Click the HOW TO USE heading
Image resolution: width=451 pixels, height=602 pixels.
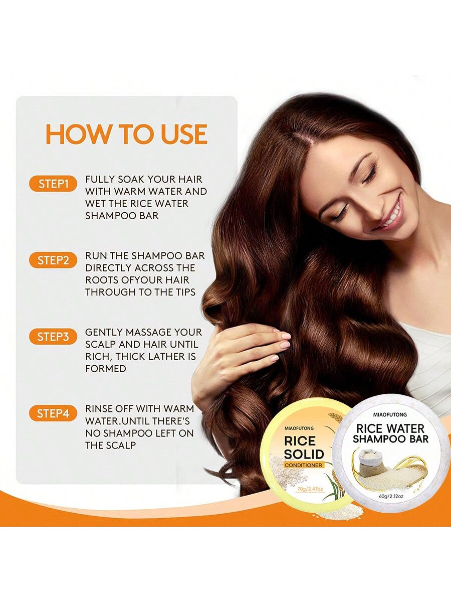[x=126, y=134]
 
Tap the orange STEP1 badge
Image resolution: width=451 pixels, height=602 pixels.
[x=53, y=184]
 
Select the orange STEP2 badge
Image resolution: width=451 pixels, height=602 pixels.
[x=53, y=260]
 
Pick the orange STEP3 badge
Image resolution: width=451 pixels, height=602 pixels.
[x=53, y=337]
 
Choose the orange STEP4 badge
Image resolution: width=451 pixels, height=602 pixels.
[x=53, y=413]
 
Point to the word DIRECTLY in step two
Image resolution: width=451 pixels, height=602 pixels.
[x=108, y=268]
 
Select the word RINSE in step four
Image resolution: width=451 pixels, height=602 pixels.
[x=98, y=409]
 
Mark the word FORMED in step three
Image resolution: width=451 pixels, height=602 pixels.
[x=105, y=369]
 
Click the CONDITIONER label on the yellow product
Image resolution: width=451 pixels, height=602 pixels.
[x=303, y=465]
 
